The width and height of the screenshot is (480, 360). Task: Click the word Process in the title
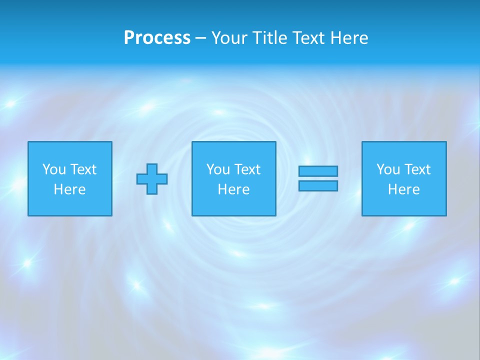click(157, 38)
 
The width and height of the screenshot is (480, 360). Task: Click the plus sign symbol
click(152, 179)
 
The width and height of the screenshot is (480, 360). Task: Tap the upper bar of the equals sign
click(318, 171)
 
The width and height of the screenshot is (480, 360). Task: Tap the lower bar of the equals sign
click(318, 185)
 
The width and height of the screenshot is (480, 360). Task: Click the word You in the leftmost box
click(54, 169)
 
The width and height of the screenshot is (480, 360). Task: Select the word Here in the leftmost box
click(69, 189)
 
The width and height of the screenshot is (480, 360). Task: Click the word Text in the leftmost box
click(83, 169)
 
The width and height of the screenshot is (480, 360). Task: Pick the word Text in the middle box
click(247, 169)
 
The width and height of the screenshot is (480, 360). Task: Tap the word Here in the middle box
click(233, 189)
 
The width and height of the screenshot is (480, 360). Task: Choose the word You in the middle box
click(218, 169)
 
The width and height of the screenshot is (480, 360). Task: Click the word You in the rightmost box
click(388, 169)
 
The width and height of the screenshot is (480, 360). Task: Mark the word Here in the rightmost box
click(403, 189)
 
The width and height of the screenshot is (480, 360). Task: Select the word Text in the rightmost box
click(417, 169)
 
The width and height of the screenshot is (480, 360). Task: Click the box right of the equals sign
click(403, 205)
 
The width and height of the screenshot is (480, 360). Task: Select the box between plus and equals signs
click(233, 205)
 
